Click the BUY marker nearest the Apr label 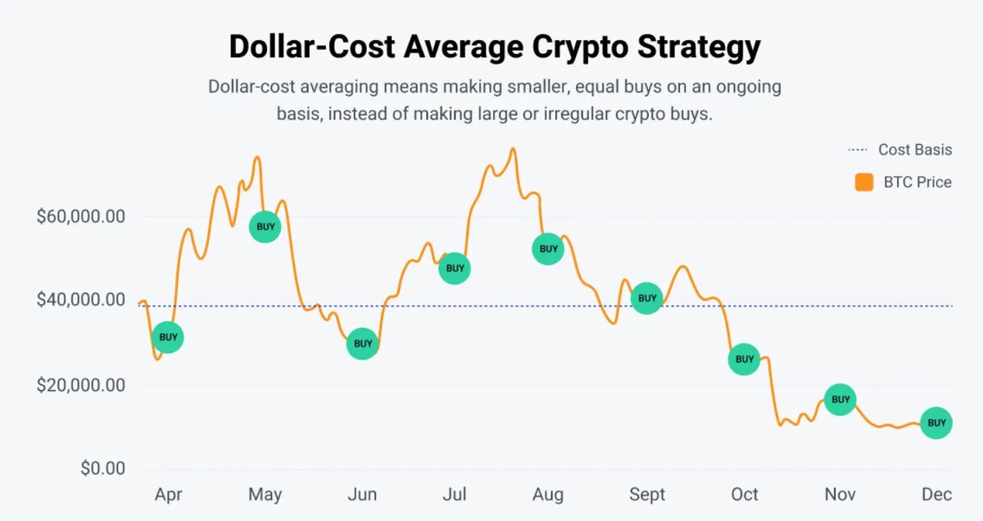tap(168, 337)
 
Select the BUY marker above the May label tap(265, 226)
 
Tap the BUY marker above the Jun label tap(362, 343)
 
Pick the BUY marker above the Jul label tap(455, 268)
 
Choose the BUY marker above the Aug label tap(548, 248)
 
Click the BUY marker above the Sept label tap(647, 298)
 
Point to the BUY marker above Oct tap(744, 359)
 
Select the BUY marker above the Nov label tap(840, 399)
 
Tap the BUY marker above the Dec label tap(936, 423)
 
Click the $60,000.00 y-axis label tap(80, 217)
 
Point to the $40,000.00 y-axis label tap(80, 301)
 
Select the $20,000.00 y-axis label tap(80, 385)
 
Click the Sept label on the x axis tap(647, 495)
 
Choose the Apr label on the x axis tap(169, 495)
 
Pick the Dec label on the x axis tap(936, 495)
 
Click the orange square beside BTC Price tap(863, 182)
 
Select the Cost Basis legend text tap(915, 149)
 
